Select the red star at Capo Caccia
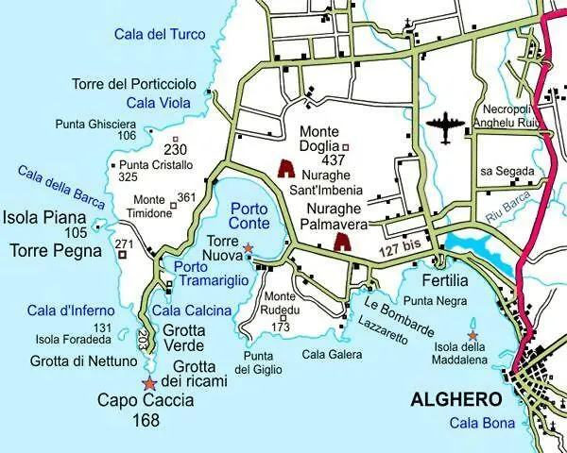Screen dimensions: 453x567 (x=148, y=383)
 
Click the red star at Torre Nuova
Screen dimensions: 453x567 (x=249, y=248)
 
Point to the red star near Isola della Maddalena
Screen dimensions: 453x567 (x=472, y=335)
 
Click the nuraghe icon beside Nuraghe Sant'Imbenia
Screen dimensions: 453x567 (x=285, y=169)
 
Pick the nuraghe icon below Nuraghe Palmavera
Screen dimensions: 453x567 (x=342, y=243)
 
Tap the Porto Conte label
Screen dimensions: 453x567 (x=250, y=215)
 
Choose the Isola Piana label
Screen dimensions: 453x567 (x=43, y=217)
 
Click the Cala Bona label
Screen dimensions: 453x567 (x=482, y=423)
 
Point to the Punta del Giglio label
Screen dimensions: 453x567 (x=259, y=362)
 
